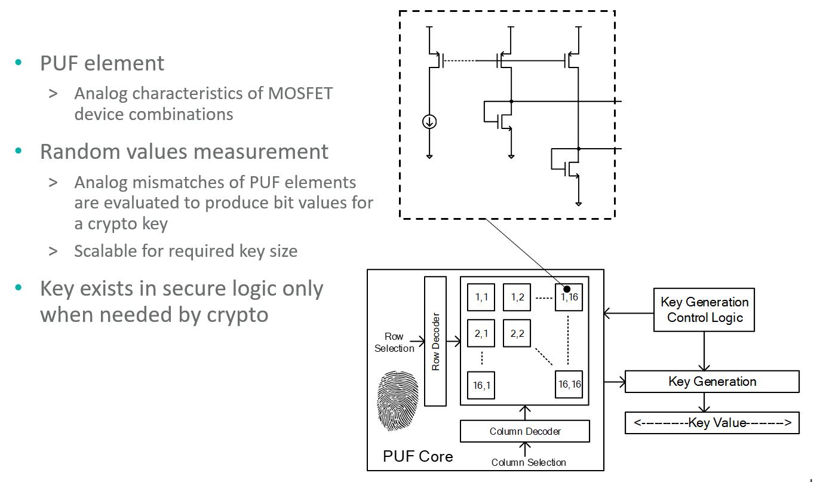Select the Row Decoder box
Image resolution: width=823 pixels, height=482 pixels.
[x=435, y=341]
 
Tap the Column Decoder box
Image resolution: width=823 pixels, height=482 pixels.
[x=525, y=431]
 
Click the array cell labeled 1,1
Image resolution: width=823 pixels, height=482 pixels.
[x=481, y=297]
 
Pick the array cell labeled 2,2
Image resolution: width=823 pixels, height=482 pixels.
[x=517, y=334]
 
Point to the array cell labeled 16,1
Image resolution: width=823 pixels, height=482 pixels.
[x=481, y=385]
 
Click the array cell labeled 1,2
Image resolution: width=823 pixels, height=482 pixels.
[x=517, y=297]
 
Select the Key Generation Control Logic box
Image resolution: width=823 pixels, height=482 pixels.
[x=704, y=309]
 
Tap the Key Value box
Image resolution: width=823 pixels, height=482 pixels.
[x=712, y=423]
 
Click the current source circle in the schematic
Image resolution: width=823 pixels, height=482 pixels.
[x=429, y=122]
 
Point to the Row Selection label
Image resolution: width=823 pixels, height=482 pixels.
[x=394, y=342]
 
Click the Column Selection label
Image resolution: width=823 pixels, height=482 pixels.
[x=529, y=462]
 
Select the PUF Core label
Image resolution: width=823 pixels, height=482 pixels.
[x=417, y=456]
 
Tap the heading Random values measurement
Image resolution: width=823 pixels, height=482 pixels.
[x=184, y=152]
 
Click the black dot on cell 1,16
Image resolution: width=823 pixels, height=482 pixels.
[x=567, y=289]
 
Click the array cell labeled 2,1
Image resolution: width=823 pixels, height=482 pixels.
[x=481, y=334]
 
